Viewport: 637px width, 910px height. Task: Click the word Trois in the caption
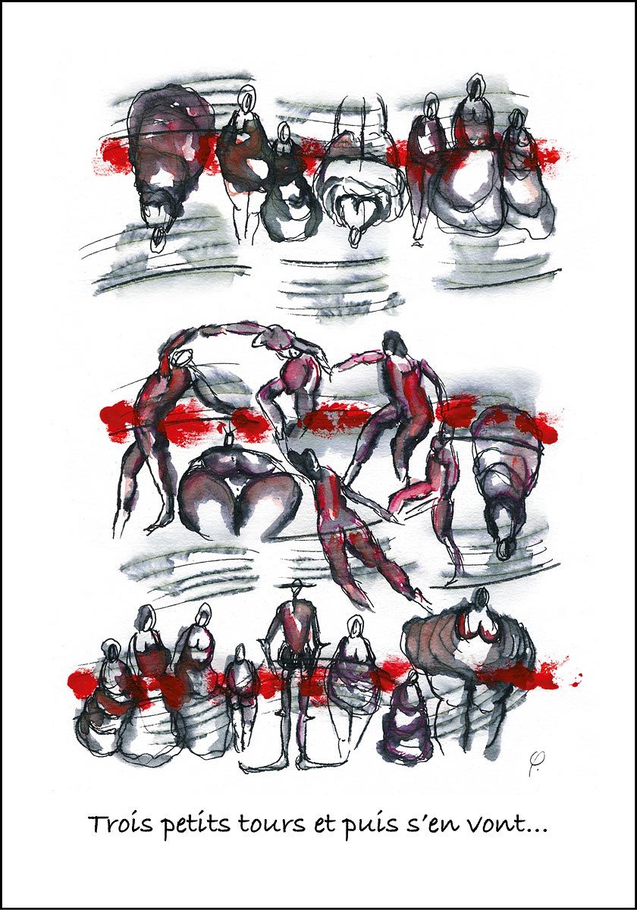(x=116, y=824)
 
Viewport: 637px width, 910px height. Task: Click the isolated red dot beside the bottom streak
(x=580, y=675)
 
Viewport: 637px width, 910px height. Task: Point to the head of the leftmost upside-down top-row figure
(x=157, y=240)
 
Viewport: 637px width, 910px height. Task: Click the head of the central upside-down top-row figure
(x=355, y=237)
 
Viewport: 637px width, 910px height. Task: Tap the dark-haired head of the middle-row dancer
(x=391, y=345)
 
